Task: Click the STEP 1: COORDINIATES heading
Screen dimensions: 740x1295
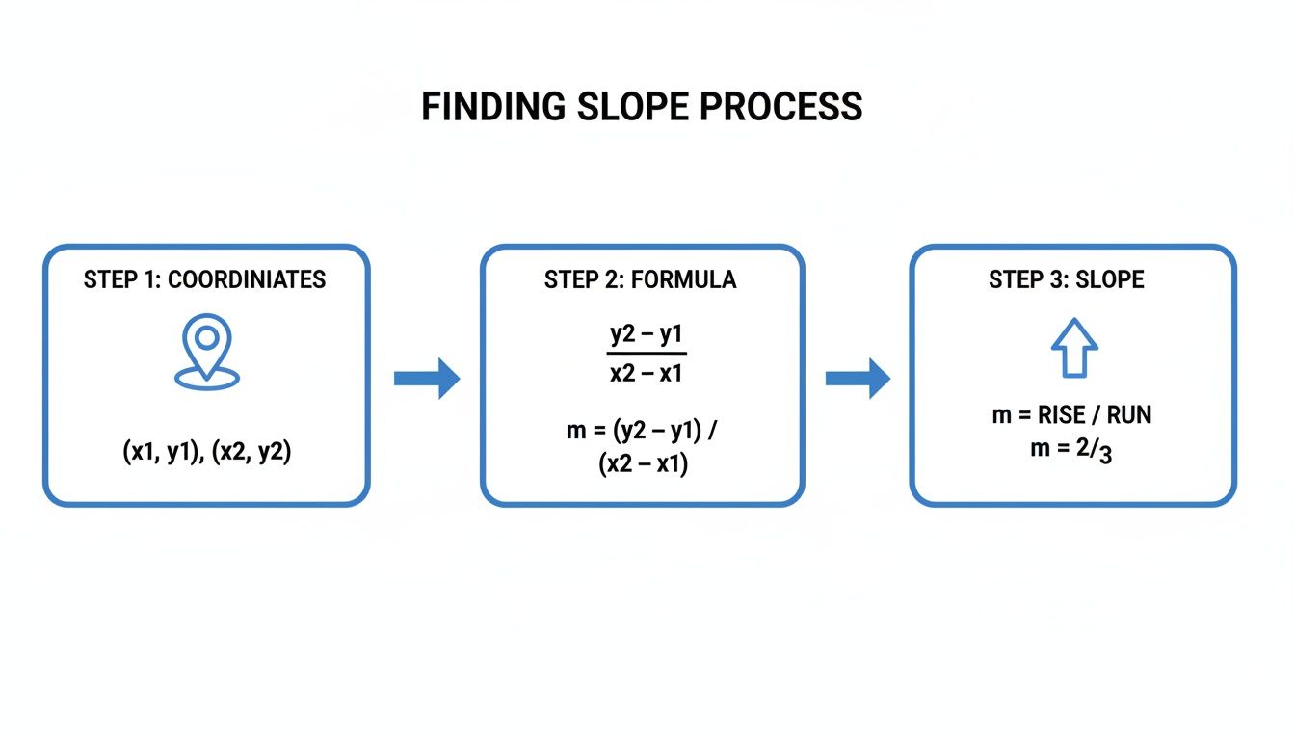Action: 205,280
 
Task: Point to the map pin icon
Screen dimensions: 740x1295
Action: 206,352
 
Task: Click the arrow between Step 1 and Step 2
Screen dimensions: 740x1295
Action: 426,378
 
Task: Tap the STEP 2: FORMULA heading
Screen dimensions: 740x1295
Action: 640,280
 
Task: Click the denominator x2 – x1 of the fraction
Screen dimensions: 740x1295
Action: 646,373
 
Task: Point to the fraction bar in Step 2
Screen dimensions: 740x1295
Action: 646,355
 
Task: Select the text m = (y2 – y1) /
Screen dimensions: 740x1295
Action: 643,431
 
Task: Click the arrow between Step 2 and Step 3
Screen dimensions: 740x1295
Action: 858,378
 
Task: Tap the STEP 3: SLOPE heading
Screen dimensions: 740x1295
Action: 1067,280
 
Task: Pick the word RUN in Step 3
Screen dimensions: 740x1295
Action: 1128,415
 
